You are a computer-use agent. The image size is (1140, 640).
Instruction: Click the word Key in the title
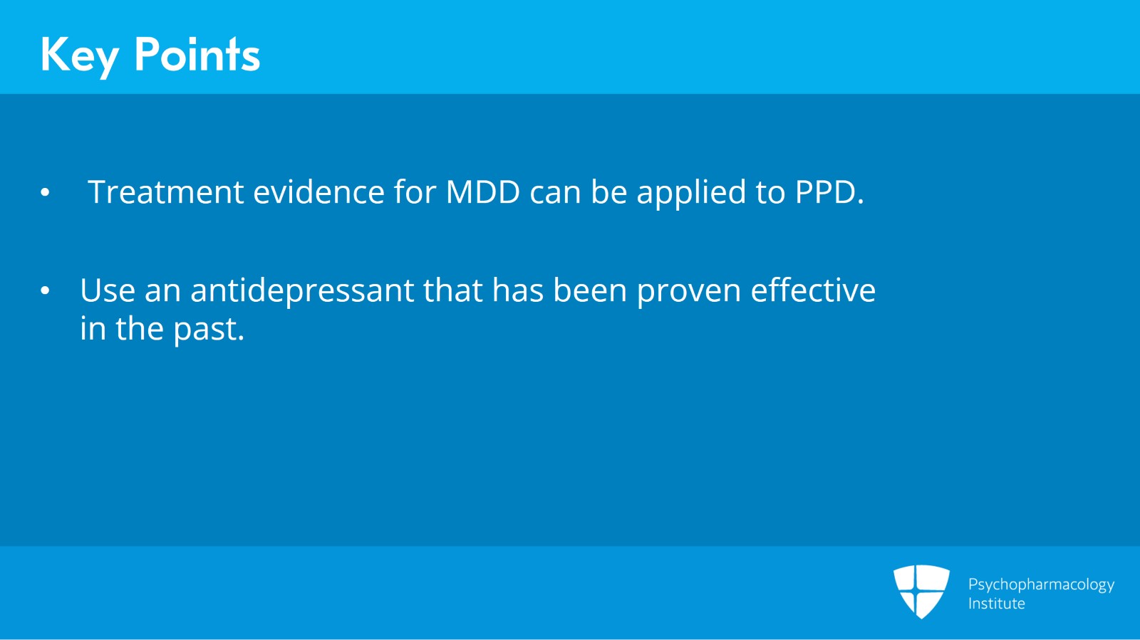[79, 56]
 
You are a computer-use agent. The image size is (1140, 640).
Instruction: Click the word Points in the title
[197, 55]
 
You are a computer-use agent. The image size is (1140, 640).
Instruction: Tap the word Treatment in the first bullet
[166, 192]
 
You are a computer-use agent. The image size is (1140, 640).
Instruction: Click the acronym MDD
[483, 192]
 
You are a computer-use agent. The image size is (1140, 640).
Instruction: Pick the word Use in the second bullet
[108, 290]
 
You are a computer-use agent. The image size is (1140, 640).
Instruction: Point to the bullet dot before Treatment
[46, 192]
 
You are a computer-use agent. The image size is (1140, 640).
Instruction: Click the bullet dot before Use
[46, 290]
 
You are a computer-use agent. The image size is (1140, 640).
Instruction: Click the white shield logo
[921, 591]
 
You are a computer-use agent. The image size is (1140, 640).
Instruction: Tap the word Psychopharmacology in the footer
[1041, 584]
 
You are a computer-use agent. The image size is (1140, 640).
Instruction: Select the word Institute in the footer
[996, 604]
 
